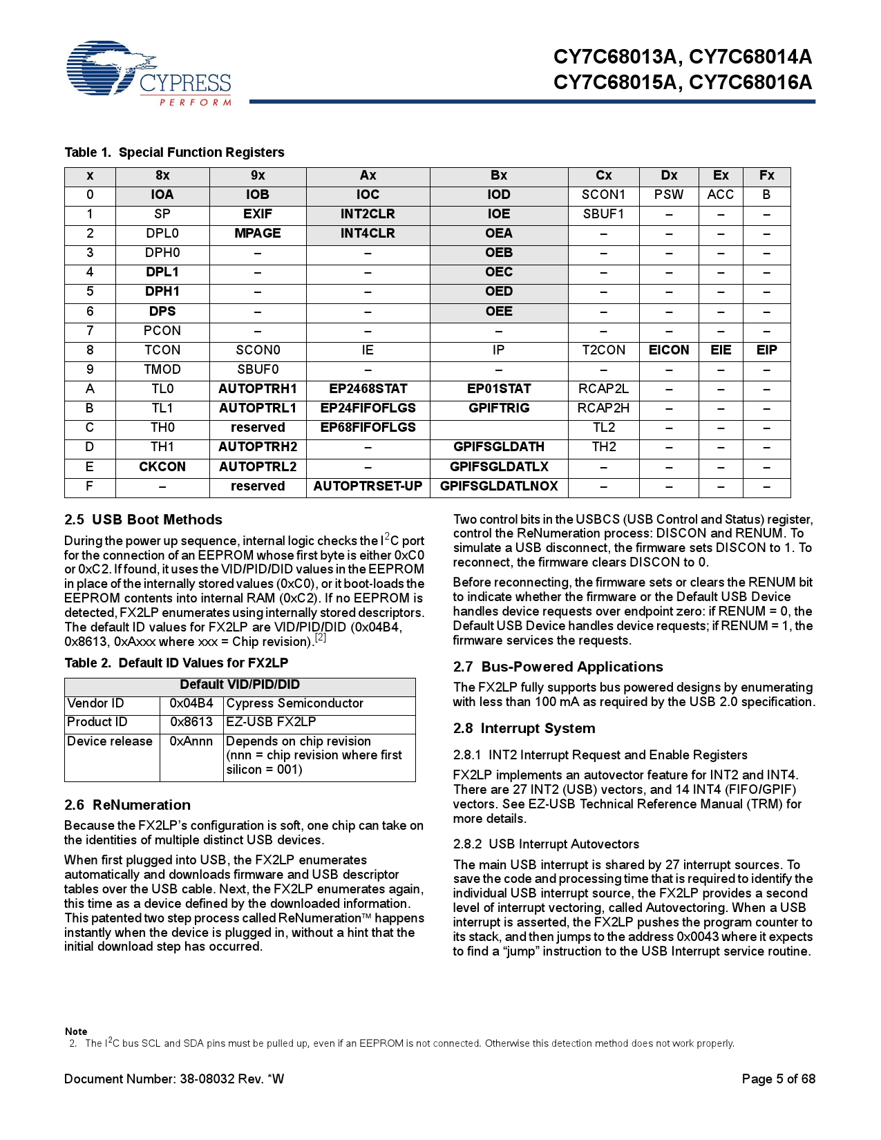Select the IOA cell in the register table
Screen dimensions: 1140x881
pos(162,195)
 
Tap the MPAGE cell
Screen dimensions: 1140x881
pos(258,234)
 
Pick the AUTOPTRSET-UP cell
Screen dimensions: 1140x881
pos(368,486)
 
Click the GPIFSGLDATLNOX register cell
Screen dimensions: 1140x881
pos(499,486)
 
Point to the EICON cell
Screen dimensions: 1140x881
pos(669,350)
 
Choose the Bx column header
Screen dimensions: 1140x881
pos(499,175)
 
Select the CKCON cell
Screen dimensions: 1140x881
pos(162,467)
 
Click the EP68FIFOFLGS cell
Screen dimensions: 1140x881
pos(368,428)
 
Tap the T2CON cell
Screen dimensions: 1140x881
pos(603,350)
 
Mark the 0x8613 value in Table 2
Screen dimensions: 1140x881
pos(191,722)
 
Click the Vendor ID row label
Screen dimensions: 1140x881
pos(96,703)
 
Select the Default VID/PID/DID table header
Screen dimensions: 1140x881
pos(240,685)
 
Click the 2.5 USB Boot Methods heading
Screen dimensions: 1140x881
pos(143,520)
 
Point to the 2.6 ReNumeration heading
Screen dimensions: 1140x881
pos(127,805)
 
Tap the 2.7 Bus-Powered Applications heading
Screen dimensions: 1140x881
pos(558,667)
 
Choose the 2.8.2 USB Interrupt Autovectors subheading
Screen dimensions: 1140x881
pos(546,844)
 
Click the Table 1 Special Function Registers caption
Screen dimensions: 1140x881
pos(174,152)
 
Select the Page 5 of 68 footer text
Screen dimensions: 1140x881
pos(778,1079)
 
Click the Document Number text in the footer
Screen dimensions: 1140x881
pos(174,1079)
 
